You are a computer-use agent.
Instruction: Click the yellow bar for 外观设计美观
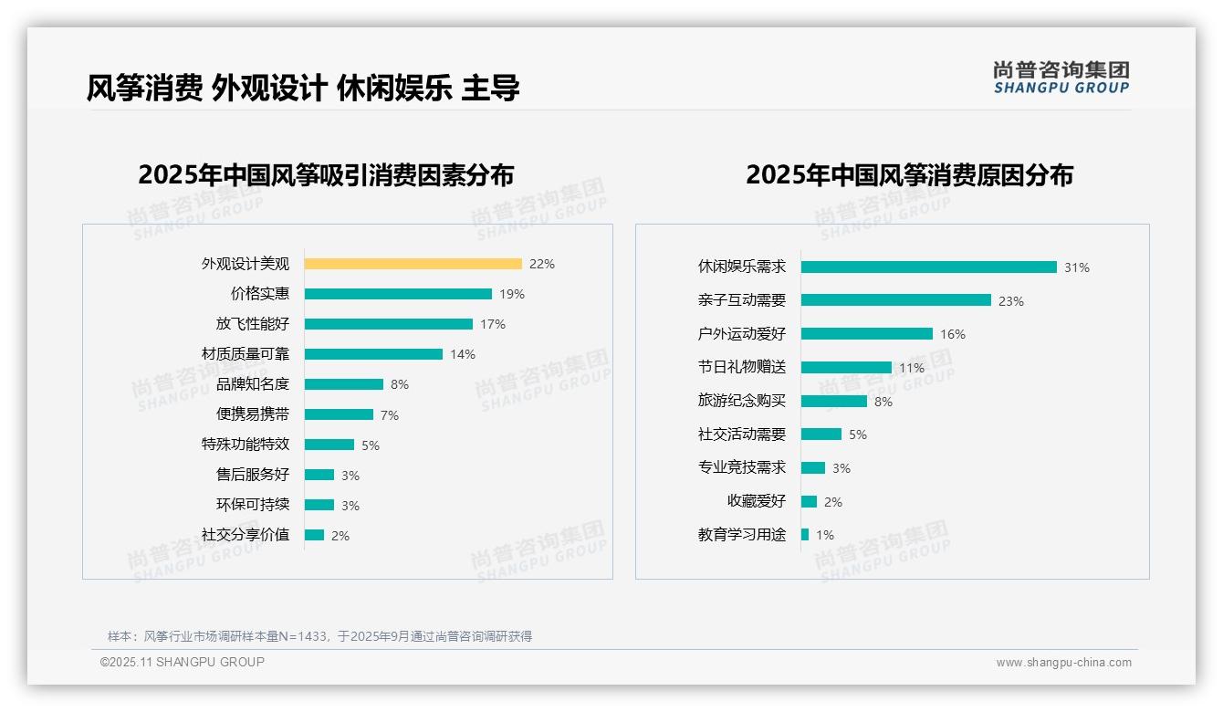tap(413, 264)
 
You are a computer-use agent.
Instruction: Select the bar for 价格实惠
tap(398, 294)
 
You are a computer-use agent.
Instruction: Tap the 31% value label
tap(1076, 267)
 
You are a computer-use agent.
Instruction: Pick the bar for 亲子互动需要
tap(895, 300)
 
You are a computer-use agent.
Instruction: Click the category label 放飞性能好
tap(252, 324)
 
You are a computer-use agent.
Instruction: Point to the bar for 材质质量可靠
tap(373, 354)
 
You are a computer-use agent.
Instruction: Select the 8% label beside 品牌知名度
tap(400, 384)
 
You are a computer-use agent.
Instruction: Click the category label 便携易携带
tap(252, 414)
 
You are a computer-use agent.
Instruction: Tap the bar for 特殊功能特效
tap(329, 445)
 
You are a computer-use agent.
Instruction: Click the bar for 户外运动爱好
tap(866, 334)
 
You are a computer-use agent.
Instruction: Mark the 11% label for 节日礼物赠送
tap(912, 368)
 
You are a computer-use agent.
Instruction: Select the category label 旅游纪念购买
tap(741, 401)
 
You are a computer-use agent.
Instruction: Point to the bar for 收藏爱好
tap(809, 501)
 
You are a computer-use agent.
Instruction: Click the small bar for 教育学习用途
tap(805, 535)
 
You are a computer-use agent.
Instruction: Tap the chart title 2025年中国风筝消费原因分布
tap(909, 175)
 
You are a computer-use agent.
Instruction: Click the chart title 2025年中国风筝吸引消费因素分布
tap(326, 175)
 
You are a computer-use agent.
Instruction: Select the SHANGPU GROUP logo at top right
tap(1061, 78)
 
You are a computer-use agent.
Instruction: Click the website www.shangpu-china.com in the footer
tap(1063, 663)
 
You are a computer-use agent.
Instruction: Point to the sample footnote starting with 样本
tap(319, 636)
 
